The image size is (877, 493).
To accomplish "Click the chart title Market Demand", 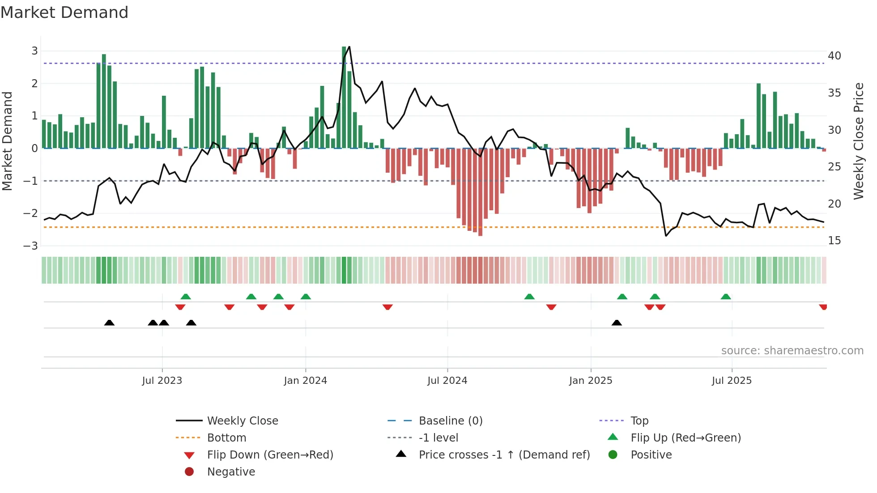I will pyautogui.click(x=64, y=13).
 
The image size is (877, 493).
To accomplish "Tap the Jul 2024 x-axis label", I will pyautogui.click(x=447, y=381).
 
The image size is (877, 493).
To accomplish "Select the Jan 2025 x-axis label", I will pyautogui.click(x=590, y=381).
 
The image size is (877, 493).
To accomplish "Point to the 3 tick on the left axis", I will pyautogui.click(x=34, y=51).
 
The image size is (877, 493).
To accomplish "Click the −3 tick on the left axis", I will pyautogui.click(x=31, y=246).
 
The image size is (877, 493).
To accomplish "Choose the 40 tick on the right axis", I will pyautogui.click(x=834, y=56).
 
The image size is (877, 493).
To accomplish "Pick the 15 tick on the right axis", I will pyautogui.click(x=834, y=241).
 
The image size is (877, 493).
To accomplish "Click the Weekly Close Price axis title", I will pyautogui.click(x=858, y=141).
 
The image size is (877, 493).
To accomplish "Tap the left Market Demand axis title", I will pyautogui.click(x=7, y=141).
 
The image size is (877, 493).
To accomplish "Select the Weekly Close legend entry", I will pyautogui.click(x=242, y=421).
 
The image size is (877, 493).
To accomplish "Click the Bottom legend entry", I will pyautogui.click(x=226, y=438).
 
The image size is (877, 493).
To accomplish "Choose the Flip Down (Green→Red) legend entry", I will pyautogui.click(x=270, y=455).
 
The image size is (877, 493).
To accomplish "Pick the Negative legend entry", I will pyautogui.click(x=231, y=472).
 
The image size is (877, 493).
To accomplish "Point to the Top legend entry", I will pyautogui.click(x=639, y=421).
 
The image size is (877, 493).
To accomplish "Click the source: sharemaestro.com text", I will pyautogui.click(x=792, y=351).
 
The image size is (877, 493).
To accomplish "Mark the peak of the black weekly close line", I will pyautogui.click(x=349, y=47).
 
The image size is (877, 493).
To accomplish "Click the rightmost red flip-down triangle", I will pyautogui.click(x=823, y=307).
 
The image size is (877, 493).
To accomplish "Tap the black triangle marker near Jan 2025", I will pyautogui.click(x=617, y=323).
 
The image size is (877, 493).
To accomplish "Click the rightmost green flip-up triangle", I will pyautogui.click(x=726, y=297).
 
